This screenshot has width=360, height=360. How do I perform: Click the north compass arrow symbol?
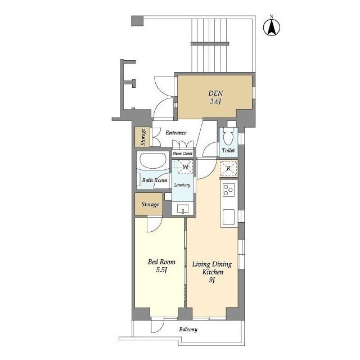(272, 28)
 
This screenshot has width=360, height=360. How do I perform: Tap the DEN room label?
(215, 93)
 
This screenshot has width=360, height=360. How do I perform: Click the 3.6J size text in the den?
(215, 101)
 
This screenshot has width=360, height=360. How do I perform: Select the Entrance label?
(176, 133)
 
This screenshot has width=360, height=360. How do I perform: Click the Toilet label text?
(228, 150)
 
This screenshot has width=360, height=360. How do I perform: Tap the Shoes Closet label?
(182, 153)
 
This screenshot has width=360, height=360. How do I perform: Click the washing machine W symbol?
(185, 166)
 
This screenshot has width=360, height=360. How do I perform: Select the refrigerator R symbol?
(229, 168)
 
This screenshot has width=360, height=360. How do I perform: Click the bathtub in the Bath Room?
(154, 161)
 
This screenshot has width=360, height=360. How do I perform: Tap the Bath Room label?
(155, 180)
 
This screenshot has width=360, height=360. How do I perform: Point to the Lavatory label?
(182, 185)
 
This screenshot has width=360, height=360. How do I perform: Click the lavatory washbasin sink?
(183, 209)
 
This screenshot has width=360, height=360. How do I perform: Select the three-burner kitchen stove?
(229, 190)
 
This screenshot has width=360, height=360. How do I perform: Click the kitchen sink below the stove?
(229, 217)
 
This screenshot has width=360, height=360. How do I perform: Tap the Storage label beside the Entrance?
(143, 137)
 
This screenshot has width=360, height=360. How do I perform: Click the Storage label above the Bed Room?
(150, 204)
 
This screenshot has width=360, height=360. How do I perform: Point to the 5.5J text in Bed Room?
(161, 270)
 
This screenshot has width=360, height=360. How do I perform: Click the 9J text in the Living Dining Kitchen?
(212, 280)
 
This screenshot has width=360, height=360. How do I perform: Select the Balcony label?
(188, 330)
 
